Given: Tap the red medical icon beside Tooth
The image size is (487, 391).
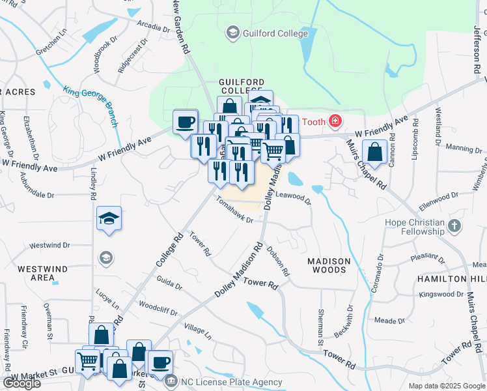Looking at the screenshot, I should point(335,121).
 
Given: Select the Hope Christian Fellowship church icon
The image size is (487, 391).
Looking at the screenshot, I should point(454,226).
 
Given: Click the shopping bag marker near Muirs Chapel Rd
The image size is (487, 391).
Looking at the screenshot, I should point(375,152).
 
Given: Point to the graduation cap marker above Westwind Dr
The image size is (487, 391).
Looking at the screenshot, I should point(109,219).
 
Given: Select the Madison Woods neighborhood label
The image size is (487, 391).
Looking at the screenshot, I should point(329,265).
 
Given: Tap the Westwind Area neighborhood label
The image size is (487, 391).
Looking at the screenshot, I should point(36,273).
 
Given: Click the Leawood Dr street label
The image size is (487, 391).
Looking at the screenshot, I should point(294,195).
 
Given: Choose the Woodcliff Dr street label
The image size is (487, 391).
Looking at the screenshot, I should point(158,308).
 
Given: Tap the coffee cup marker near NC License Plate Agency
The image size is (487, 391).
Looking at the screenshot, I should point(160,362).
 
